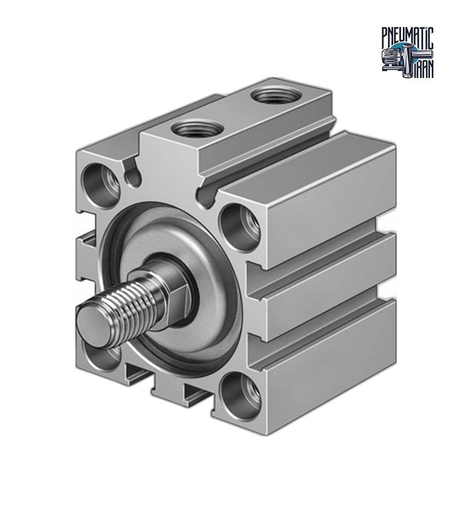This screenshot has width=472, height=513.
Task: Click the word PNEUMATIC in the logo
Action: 408,38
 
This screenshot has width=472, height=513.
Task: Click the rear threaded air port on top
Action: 274,96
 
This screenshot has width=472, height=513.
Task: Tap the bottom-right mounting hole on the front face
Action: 241,396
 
